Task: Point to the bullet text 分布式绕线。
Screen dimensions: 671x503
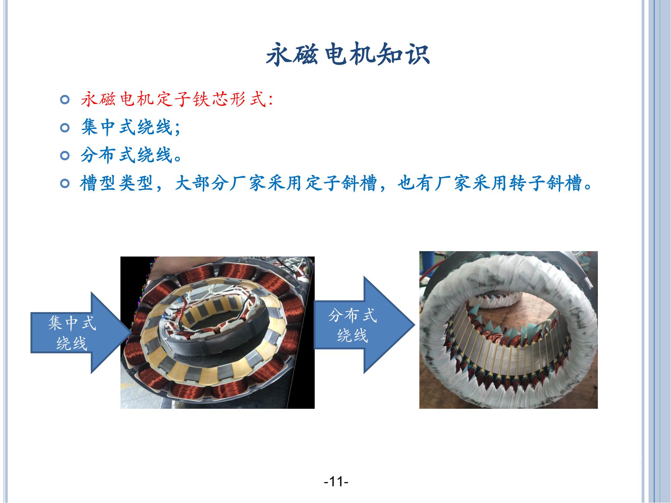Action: (131, 155)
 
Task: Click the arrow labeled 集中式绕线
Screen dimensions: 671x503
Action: (81, 332)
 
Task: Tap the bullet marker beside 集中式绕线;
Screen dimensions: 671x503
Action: (65, 128)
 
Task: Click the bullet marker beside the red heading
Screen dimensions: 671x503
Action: (65, 100)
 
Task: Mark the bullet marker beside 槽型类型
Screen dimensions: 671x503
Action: (65, 183)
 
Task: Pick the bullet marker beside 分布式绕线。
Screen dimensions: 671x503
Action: (65, 156)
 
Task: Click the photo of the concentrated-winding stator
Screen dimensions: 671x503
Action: (217, 332)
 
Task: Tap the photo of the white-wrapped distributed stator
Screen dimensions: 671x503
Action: (509, 330)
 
